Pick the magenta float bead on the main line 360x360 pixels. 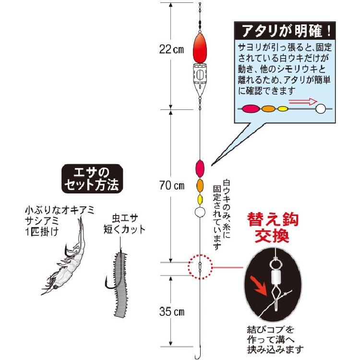pyautogui.click(x=200, y=168)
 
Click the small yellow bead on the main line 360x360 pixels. pyautogui.click(x=200, y=199)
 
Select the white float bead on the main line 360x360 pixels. pyautogui.click(x=200, y=212)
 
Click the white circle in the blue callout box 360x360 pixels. pyautogui.click(x=321, y=109)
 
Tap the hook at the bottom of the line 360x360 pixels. pyautogui.click(x=197, y=354)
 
